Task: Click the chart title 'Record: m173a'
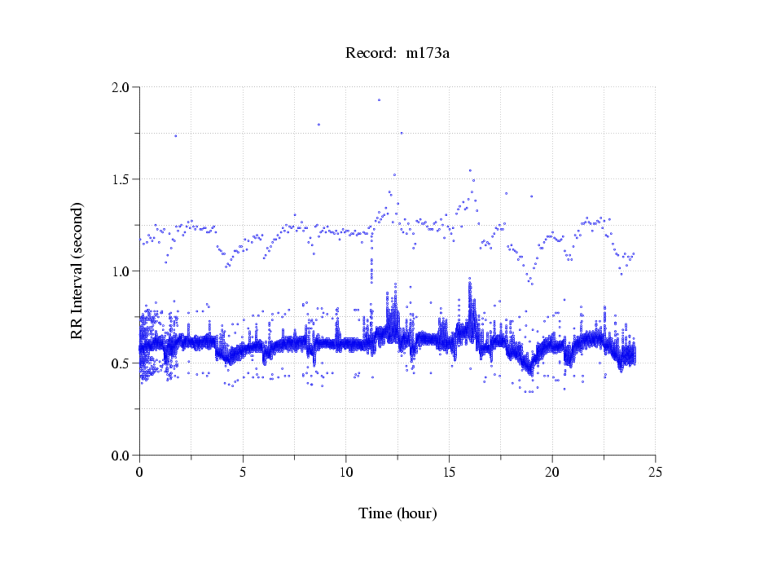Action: pyautogui.click(x=398, y=54)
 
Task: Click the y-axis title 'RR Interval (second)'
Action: pyautogui.click(x=77, y=270)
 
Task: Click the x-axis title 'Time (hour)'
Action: pyautogui.click(x=397, y=513)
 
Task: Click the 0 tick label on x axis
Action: pyautogui.click(x=140, y=472)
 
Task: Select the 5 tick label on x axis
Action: pyautogui.click(x=243, y=472)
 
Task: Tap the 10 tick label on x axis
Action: pyautogui.click(x=346, y=472)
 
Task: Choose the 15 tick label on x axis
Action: pyautogui.click(x=449, y=472)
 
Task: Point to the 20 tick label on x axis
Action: pyautogui.click(x=552, y=472)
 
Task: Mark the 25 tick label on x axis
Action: pyautogui.click(x=655, y=472)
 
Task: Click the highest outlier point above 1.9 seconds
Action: pyautogui.click(x=379, y=100)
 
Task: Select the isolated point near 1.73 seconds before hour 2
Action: pyautogui.click(x=175, y=136)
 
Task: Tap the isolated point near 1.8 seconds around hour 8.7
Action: pyautogui.click(x=318, y=125)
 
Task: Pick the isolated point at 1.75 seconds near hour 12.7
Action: pyautogui.click(x=401, y=133)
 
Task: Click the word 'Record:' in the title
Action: pyautogui.click(x=371, y=54)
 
